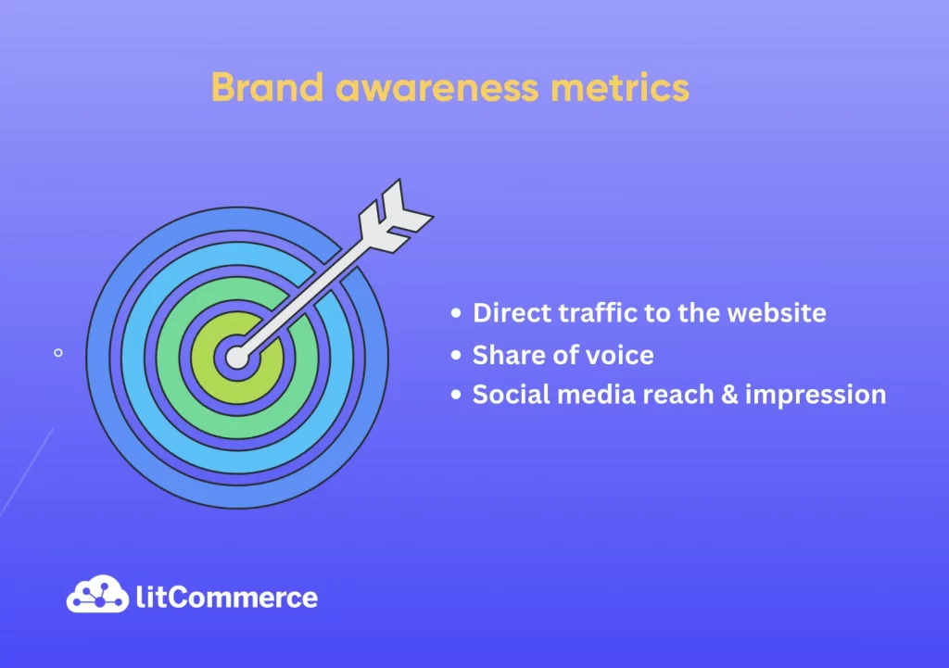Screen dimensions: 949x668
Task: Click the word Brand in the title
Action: coord(268,87)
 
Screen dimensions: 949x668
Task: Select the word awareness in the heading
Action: coord(437,88)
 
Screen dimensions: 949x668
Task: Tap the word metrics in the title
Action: coord(620,88)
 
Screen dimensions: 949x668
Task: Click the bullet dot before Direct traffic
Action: coord(456,313)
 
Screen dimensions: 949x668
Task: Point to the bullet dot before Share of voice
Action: coord(456,355)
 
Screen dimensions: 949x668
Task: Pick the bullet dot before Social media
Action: coord(456,395)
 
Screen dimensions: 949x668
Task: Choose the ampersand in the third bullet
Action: coord(730,395)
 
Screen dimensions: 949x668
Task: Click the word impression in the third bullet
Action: coord(816,396)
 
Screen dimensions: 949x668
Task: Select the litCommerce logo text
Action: coord(227,598)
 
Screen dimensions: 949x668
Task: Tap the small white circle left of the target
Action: coord(58,353)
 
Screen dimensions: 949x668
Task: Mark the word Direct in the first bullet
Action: coord(512,313)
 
